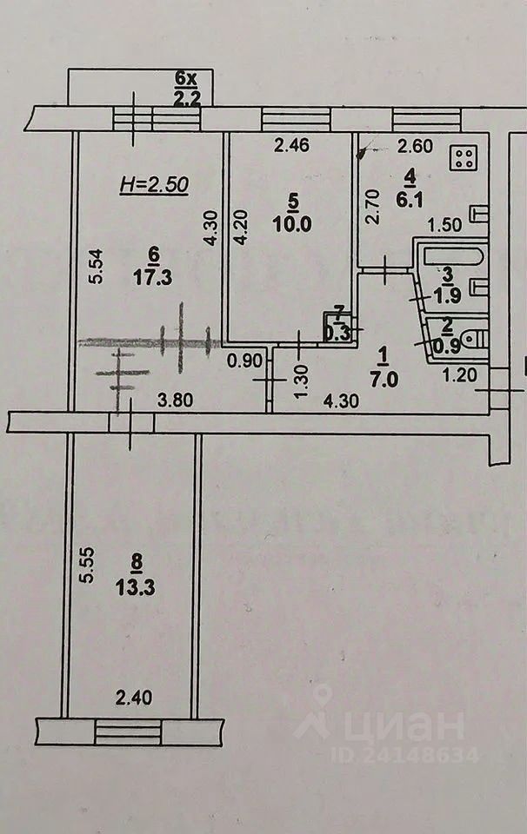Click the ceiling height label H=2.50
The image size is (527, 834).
click(x=154, y=185)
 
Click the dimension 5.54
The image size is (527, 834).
click(x=97, y=266)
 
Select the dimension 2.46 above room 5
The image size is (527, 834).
click(x=291, y=145)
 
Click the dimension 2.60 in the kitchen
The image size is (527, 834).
click(x=415, y=145)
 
